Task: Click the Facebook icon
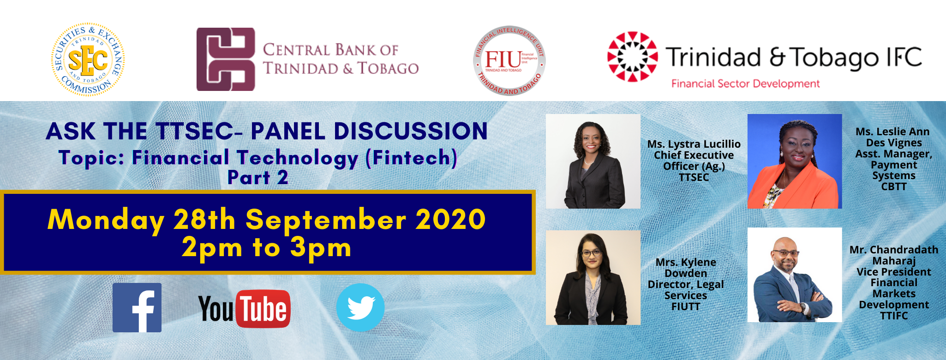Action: tap(137, 307)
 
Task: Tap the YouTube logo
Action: tap(244, 308)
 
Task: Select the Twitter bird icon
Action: tap(360, 307)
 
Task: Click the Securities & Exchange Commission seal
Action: tap(88, 60)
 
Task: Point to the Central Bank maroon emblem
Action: tap(226, 59)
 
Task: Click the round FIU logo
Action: tap(509, 60)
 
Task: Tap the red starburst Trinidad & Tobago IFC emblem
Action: tap(632, 56)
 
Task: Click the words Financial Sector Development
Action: tap(745, 84)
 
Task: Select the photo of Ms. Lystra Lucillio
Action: tap(593, 161)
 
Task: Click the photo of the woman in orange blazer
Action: tap(795, 161)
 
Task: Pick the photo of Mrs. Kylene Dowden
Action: tap(593, 277)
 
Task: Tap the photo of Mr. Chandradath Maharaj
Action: tap(795, 275)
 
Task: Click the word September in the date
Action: tap(326, 220)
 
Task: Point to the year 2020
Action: tap(450, 219)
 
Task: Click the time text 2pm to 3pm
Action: tap(267, 248)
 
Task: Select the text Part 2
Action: tap(258, 178)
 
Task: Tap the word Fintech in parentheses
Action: tap(411, 158)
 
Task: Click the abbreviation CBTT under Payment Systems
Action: tap(894, 187)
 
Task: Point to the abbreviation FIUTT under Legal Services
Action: tap(686, 306)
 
